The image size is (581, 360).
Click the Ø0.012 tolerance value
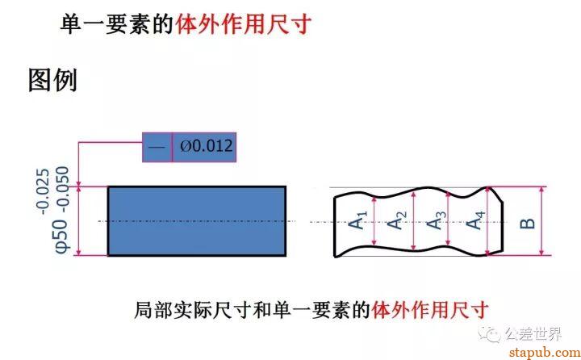(207, 146)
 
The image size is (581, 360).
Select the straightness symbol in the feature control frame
(157, 147)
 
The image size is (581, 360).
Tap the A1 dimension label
(357, 220)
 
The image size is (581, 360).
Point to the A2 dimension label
(396, 220)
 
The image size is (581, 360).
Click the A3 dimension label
(436, 220)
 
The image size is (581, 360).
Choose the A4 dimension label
(475, 220)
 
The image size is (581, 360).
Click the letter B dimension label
(528, 224)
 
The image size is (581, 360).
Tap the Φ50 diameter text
(62, 237)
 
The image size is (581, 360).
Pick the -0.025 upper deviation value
(43, 191)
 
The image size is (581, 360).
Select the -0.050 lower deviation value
(62, 190)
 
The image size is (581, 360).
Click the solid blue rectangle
(197, 221)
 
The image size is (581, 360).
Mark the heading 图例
(52, 80)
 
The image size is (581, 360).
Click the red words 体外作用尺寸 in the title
(243, 24)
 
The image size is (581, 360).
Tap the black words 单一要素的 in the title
(117, 24)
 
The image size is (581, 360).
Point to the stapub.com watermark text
(545, 352)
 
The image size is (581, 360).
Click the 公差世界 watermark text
(533, 334)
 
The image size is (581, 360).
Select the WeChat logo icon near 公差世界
(490, 334)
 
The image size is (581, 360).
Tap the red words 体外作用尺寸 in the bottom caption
(430, 310)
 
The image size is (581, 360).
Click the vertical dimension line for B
(541, 221)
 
